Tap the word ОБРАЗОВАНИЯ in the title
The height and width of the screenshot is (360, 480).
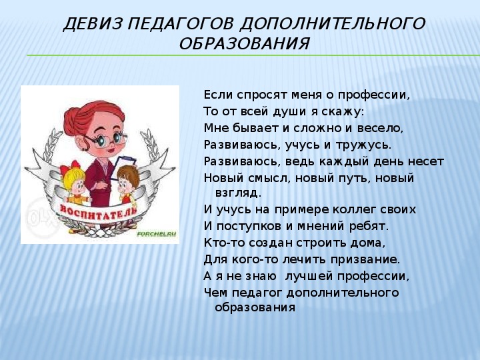(x=244, y=44)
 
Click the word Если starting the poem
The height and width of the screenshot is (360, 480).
(x=217, y=95)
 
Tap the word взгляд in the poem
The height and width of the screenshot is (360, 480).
(x=237, y=193)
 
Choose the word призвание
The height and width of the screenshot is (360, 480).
(x=365, y=259)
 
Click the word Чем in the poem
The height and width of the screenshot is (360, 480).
(x=215, y=293)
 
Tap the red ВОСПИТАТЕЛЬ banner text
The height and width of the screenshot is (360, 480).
(x=99, y=211)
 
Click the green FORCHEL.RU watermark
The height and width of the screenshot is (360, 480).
(x=157, y=234)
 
